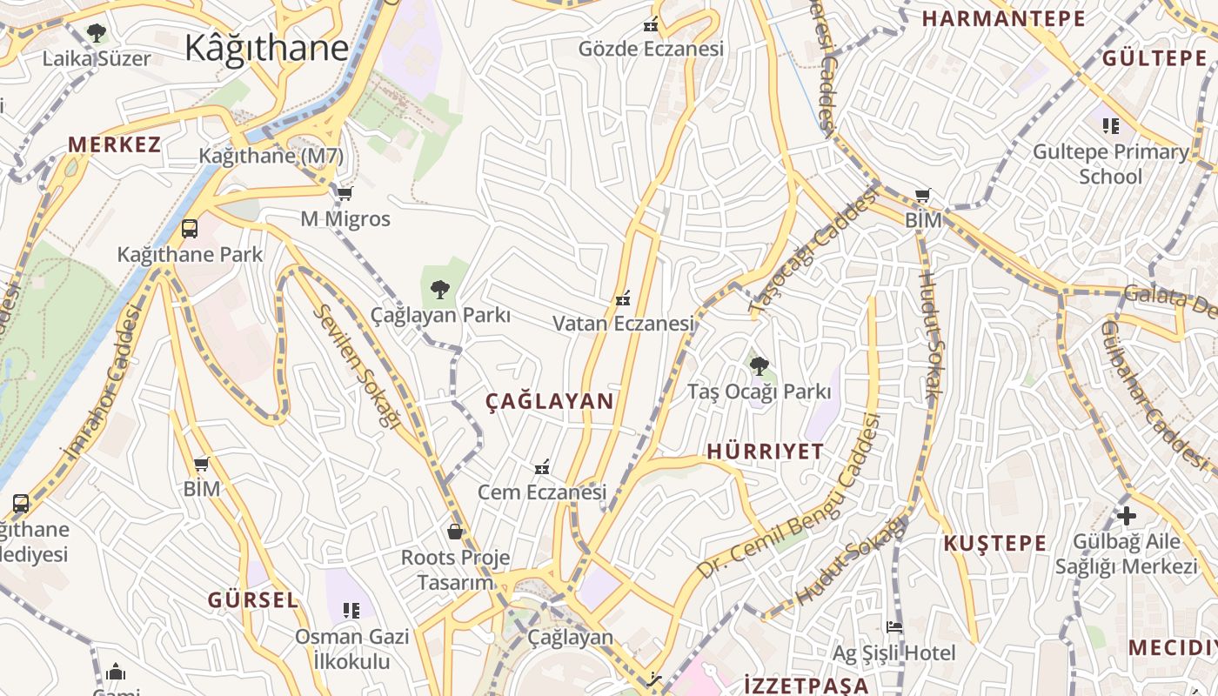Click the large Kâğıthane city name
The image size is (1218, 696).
pyautogui.click(x=266, y=48)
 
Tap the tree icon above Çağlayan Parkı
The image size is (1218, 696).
pyautogui.click(x=440, y=289)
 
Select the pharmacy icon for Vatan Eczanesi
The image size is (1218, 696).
pyautogui.click(x=622, y=299)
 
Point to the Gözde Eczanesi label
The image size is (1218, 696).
pyautogui.click(x=651, y=49)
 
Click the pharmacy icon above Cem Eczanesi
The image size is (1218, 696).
pyautogui.click(x=542, y=468)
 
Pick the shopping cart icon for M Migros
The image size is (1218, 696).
pyautogui.click(x=345, y=194)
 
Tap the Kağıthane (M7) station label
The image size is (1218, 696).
pyautogui.click(x=271, y=157)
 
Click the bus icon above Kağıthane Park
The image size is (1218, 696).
pyautogui.click(x=189, y=229)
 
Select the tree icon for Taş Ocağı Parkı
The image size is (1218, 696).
pyautogui.click(x=760, y=366)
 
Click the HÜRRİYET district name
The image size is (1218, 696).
pyautogui.click(x=765, y=451)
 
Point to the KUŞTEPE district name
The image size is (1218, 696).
pyautogui.click(x=995, y=544)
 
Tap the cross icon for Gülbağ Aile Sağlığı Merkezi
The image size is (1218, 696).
pyautogui.click(x=1127, y=516)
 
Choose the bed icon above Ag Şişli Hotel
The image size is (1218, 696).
pyautogui.click(x=893, y=627)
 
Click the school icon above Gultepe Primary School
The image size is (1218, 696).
pyautogui.click(x=1110, y=126)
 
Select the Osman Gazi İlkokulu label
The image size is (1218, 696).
pyautogui.click(x=351, y=648)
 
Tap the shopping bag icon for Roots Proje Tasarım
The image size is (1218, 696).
pyautogui.click(x=454, y=531)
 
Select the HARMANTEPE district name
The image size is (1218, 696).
pyautogui.click(x=1003, y=18)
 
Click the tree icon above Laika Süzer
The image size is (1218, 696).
pyautogui.click(x=97, y=34)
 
